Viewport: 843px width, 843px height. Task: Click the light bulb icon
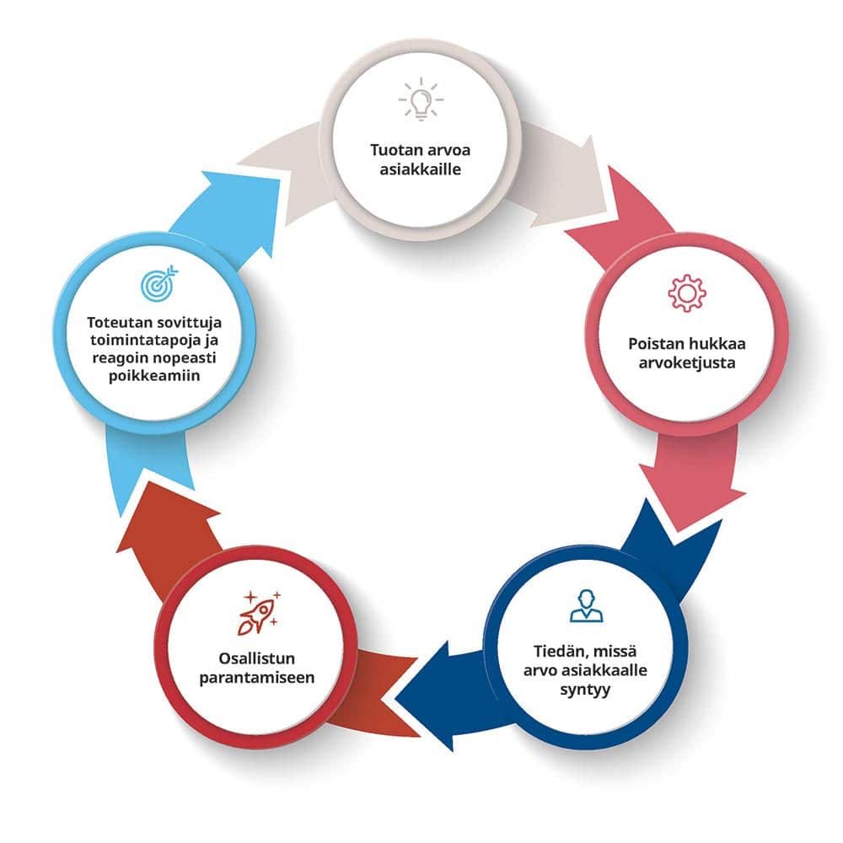coord(421,99)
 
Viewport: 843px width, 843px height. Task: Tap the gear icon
coord(686,293)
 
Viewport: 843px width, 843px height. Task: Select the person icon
coord(586,606)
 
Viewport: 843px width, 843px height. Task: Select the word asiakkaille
coord(421,169)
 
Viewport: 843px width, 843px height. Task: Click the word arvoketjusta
coord(686,362)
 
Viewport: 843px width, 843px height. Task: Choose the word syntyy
coord(585,690)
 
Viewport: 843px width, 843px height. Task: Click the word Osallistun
coord(256,658)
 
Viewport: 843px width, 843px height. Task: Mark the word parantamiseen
coord(256,678)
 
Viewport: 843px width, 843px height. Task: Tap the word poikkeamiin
coord(153,376)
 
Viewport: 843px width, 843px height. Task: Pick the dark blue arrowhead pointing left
coord(430,695)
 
